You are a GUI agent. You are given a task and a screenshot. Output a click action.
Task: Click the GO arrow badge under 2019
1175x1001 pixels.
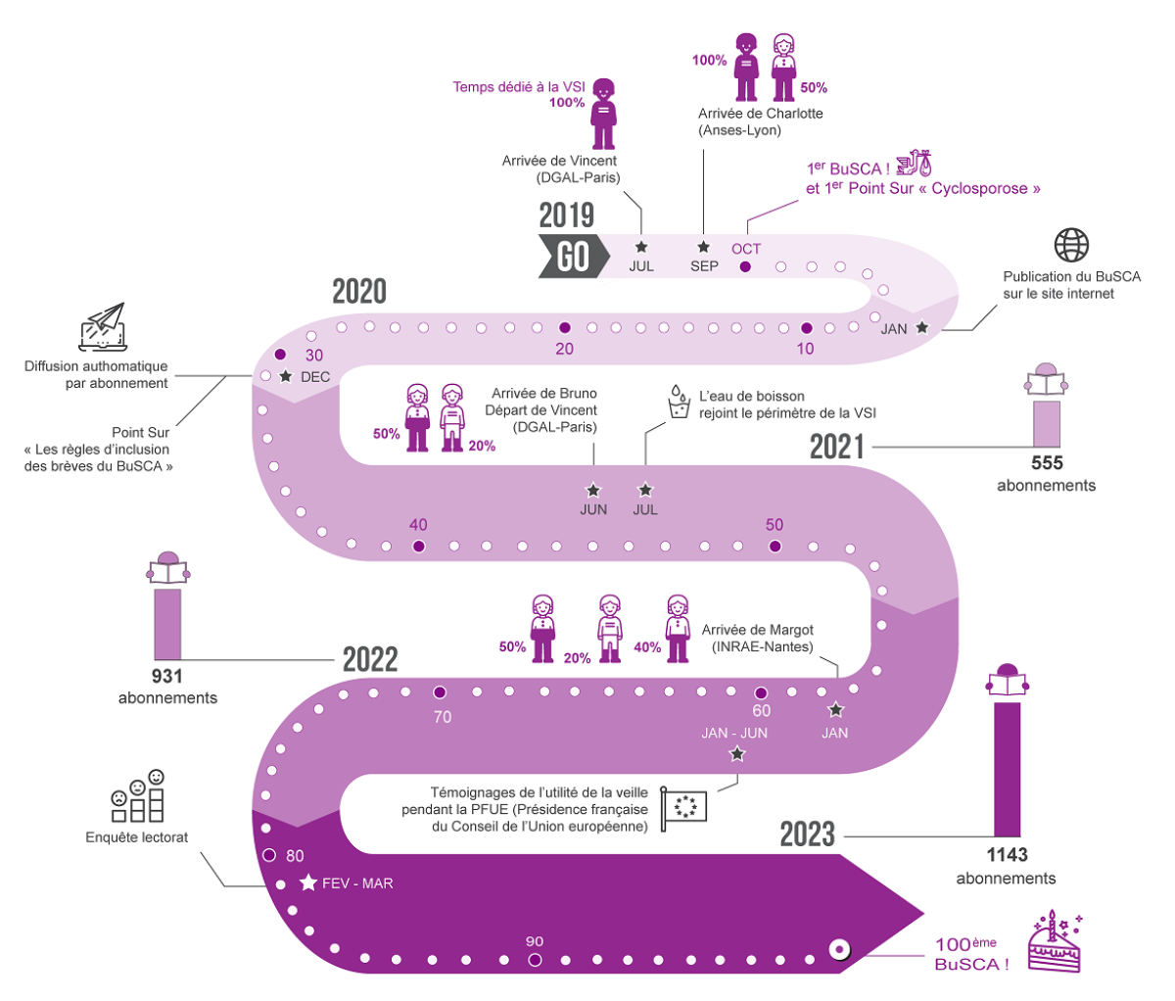coord(573,257)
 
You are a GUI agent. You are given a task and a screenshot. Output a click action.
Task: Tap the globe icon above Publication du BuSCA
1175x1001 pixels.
coord(1071,245)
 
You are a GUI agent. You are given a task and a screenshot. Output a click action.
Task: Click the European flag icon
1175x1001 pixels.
coord(683,809)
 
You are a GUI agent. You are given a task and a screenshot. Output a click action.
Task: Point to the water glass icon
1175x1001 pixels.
coord(678,402)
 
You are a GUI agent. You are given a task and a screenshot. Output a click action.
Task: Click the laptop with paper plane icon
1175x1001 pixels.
coord(103,327)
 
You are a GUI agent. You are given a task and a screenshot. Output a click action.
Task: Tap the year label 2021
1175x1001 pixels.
coord(836,447)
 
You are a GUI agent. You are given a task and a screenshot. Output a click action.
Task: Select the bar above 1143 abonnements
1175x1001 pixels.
coord(1007,768)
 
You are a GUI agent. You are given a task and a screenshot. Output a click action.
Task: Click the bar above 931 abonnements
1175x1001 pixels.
coord(167,624)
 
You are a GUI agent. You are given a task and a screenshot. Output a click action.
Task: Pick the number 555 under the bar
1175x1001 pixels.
coord(1047,463)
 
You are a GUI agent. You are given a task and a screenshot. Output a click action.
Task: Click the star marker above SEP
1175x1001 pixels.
coord(703,247)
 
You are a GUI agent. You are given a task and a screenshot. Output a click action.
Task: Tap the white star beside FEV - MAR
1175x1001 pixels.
coord(308,883)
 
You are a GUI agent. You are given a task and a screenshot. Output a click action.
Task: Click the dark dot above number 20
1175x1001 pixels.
coord(564,328)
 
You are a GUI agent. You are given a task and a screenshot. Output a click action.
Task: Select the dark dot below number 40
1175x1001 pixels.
coord(419,546)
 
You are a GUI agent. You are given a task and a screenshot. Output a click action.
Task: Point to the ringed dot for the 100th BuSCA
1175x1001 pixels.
coord(838,949)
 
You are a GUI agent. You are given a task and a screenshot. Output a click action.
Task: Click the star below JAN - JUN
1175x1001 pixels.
coord(737,754)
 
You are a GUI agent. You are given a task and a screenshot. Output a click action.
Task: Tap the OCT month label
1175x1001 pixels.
coord(746,249)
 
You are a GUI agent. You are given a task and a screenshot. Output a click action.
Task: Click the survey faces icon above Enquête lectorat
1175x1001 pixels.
coord(137,796)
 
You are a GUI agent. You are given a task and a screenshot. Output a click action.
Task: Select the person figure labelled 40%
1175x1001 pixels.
coord(677,628)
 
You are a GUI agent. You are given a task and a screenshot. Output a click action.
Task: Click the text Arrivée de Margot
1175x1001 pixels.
coord(757,630)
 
